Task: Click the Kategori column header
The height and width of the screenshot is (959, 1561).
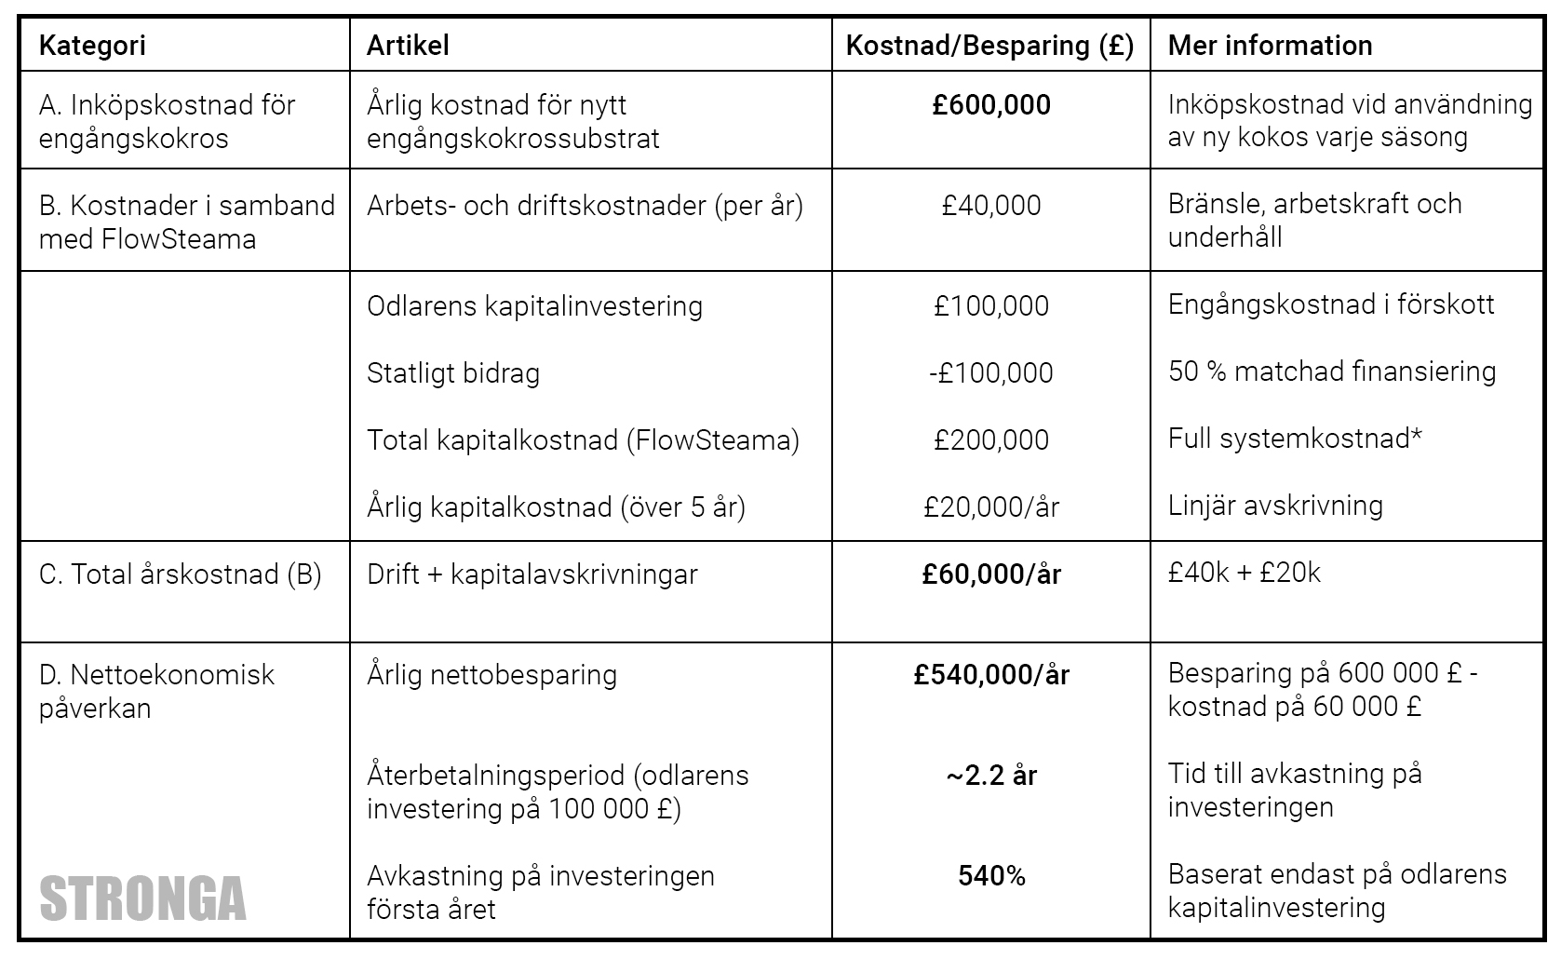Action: [x=92, y=46]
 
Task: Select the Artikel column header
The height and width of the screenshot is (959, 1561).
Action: [x=408, y=46]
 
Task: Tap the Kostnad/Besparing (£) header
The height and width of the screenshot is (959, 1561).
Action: [x=989, y=46]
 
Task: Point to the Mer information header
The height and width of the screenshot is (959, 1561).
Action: [x=1270, y=46]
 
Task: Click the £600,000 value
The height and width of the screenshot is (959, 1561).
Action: [x=991, y=105]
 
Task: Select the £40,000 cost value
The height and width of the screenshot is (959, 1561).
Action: [x=991, y=206]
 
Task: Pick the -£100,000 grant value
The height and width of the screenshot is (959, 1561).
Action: [x=991, y=373]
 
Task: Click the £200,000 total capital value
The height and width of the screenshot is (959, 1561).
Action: [x=991, y=440]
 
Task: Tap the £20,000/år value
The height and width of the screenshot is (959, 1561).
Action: [x=991, y=507]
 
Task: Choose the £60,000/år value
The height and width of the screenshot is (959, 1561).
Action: [x=991, y=574]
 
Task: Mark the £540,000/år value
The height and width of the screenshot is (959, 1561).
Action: [x=991, y=675]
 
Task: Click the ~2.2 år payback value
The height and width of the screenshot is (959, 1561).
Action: [x=991, y=776]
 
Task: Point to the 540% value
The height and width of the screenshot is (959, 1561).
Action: [x=991, y=876]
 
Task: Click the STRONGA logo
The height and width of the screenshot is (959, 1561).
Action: [x=143, y=899]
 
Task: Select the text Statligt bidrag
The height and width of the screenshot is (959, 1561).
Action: [x=453, y=373]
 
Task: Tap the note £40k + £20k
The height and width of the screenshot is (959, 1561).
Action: [x=1244, y=573]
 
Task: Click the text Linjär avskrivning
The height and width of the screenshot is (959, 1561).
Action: [x=1275, y=506]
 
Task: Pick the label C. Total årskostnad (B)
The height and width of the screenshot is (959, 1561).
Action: [x=181, y=574]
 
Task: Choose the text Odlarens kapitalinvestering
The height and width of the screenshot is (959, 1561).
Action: [x=534, y=306]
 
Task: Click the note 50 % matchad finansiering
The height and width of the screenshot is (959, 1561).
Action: [x=1331, y=371]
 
